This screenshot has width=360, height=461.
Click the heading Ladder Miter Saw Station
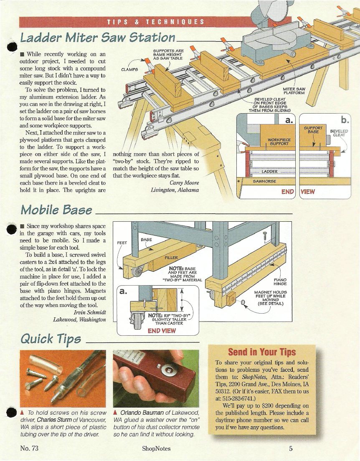[98, 38]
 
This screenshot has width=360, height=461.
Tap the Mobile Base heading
[56, 210]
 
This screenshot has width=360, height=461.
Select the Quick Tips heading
[51, 339]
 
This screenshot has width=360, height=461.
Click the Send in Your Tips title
[262, 352]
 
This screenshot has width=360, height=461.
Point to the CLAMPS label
[129, 70]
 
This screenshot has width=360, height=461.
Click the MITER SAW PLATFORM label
[294, 91]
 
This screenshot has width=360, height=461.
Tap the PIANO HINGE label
[280, 282]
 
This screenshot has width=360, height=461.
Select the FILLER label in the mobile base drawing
[171, 258]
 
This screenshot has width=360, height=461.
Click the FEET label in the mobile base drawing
[122, 243]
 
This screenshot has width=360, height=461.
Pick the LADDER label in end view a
[270, 171]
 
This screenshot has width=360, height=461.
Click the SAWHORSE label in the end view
[264, 181]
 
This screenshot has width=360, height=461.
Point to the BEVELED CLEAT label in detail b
[339, 133]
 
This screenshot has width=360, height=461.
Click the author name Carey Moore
[185, 183]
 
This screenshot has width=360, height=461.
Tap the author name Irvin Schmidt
[90, 312]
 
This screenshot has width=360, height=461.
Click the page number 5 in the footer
[291, 448]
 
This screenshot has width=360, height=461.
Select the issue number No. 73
[29, 448]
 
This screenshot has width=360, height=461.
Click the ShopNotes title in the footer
[156, 448]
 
